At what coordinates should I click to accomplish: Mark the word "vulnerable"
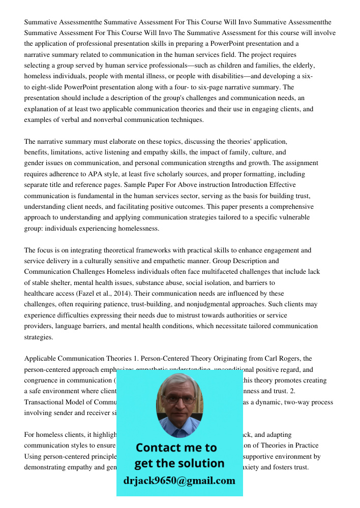[x=295, y=217]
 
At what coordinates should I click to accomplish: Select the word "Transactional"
[x=44, y=402]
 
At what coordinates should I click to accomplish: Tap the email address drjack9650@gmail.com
[x=179, y=481]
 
